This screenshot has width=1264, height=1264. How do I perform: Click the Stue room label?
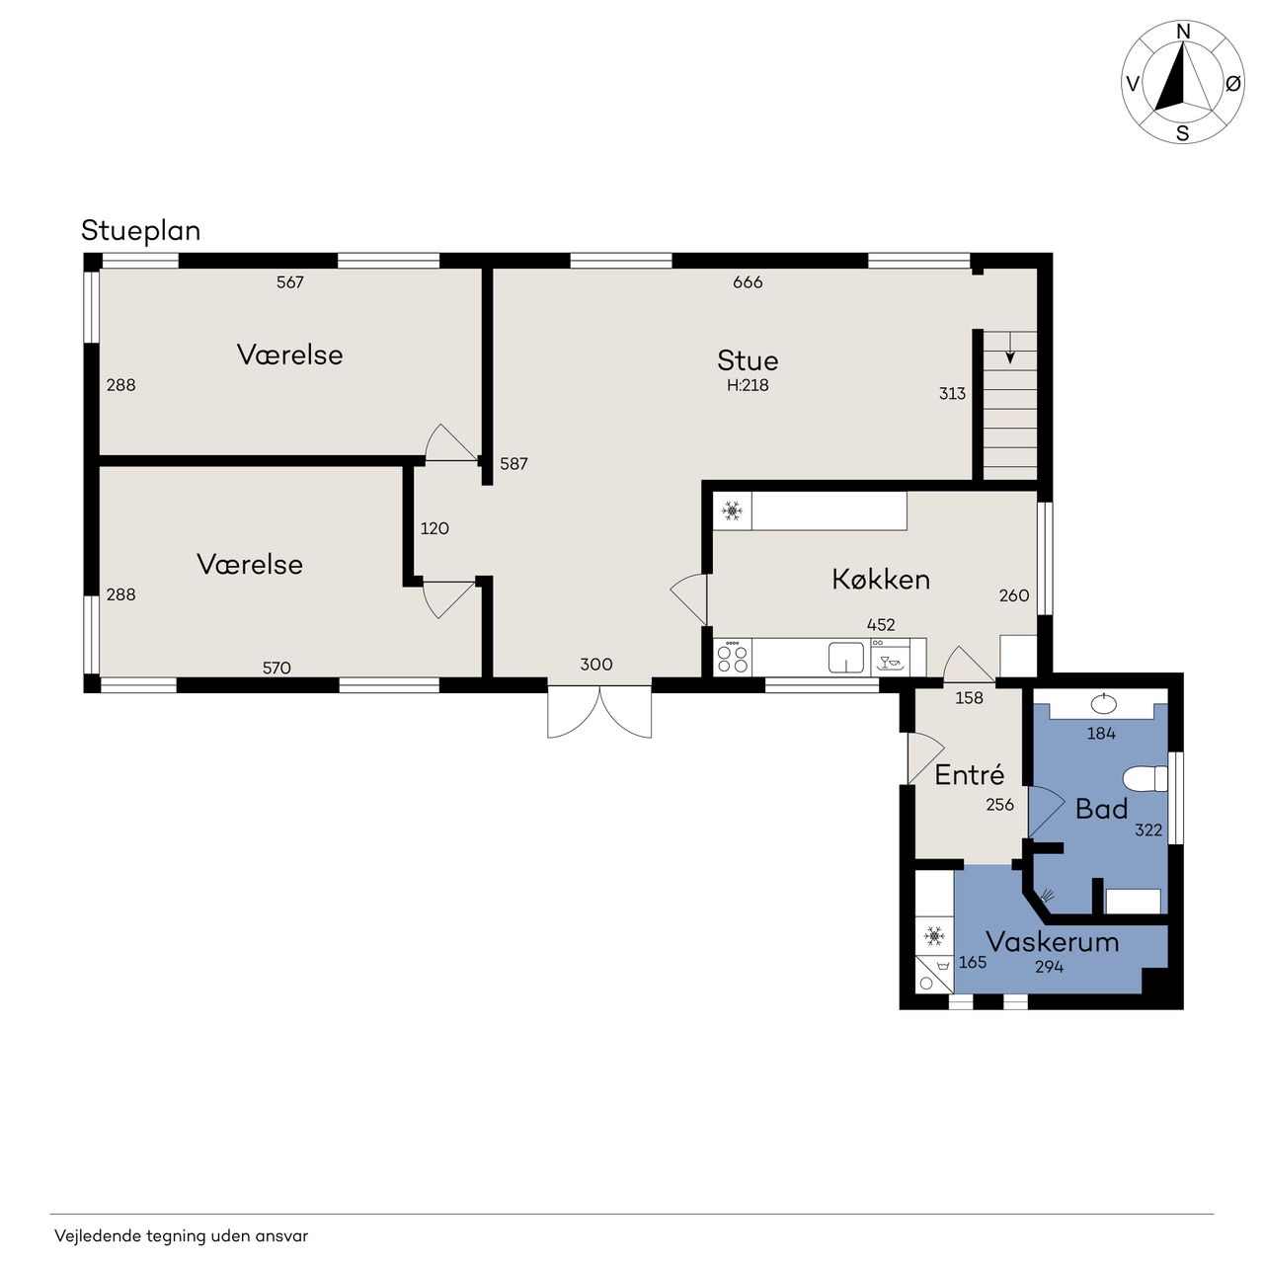[748, 360]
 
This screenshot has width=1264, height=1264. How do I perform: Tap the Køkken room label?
[880, 580]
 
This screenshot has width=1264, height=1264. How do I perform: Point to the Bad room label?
[1101, 809]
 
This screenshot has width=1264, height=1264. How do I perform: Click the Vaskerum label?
[1052, 942]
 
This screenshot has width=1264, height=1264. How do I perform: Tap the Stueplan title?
[140, 231]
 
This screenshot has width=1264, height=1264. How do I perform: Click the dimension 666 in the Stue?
[748, 282]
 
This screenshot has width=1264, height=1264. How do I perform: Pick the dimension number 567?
[290, 282]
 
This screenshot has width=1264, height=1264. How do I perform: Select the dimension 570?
[276, 668]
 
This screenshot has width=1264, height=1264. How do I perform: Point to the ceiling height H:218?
[748, 385]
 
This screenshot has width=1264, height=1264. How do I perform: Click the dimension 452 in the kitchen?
[880, 624]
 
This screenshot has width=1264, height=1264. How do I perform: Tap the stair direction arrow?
[1010, 348]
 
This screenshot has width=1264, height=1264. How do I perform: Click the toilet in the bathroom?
[1145, 779]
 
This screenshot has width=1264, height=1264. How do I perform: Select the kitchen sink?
[845, 658]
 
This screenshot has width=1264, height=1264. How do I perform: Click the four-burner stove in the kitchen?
[732, 658]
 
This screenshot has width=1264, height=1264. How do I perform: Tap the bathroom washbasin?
[1104, 704]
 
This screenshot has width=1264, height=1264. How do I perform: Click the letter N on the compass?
[1183, 32]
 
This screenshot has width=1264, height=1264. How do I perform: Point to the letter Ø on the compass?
[1233, 83]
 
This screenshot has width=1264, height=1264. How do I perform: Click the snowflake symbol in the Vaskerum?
[933, 935]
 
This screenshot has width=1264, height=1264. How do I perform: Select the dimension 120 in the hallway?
[434, 528]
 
